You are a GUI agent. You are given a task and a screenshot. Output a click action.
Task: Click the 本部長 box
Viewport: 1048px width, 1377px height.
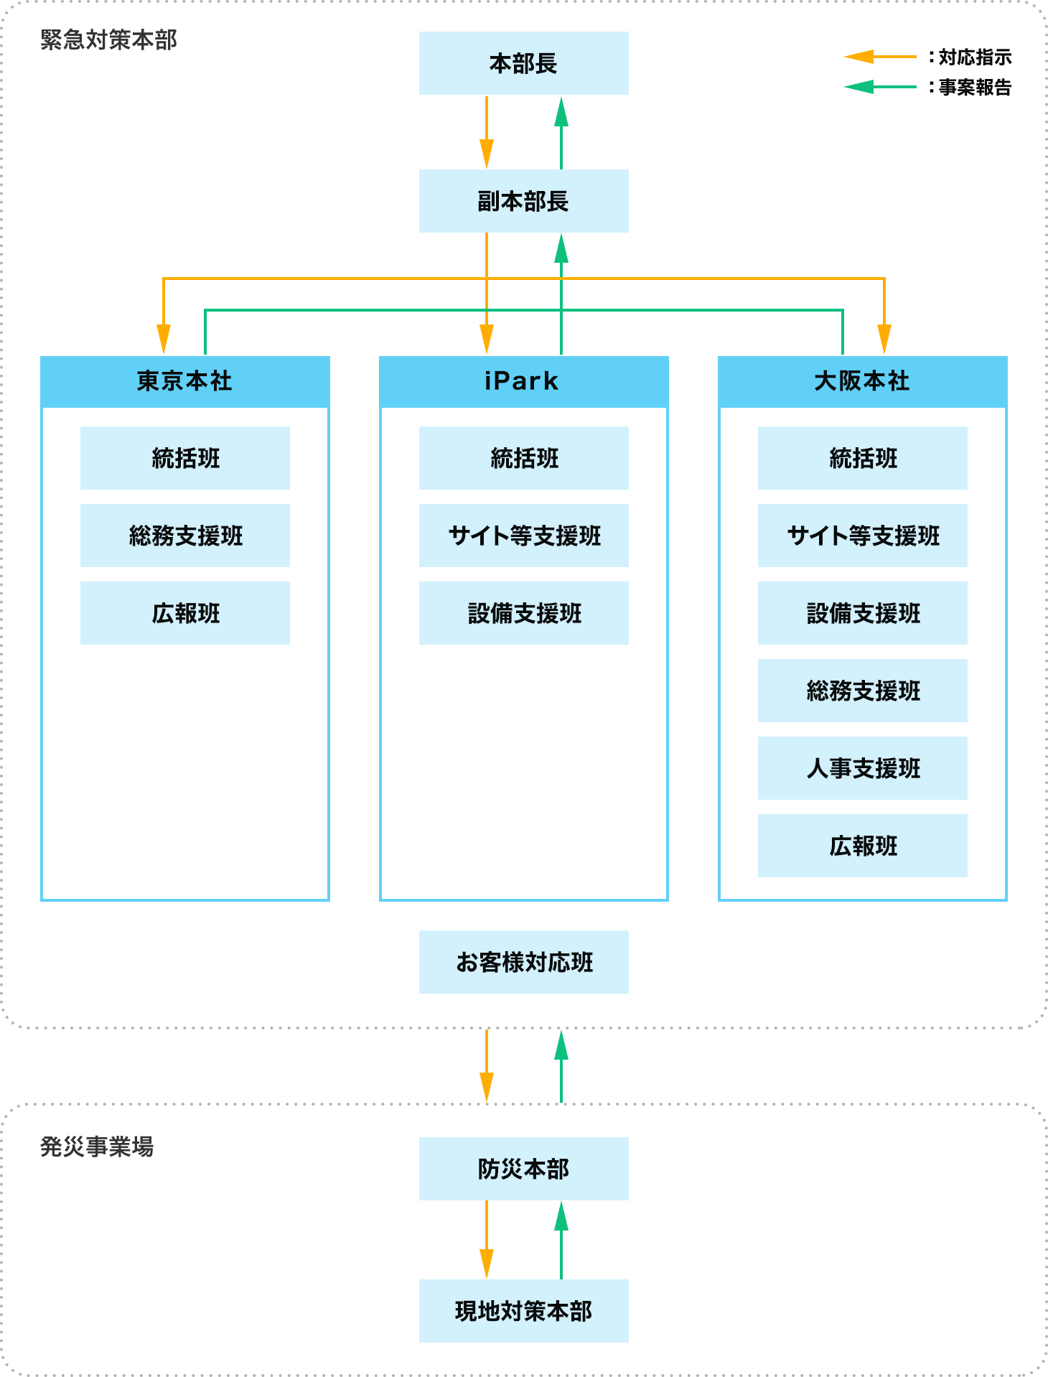click(x=523, y=63)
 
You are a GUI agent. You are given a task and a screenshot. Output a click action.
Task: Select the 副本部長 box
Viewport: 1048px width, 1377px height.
click(x=523, y=201)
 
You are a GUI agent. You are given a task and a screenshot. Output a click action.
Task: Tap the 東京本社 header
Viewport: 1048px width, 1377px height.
click(x=184, y=381)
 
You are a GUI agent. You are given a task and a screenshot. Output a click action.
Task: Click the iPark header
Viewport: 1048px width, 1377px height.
click(x=523, y=381)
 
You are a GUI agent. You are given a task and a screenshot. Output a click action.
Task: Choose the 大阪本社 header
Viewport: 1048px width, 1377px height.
click(x=862, y=381)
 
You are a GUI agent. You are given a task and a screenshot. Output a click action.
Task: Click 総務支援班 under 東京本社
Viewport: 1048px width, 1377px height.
click(x=184, y=536)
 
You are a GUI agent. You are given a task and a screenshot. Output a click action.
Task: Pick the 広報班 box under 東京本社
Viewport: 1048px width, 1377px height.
click(x=184, y=613)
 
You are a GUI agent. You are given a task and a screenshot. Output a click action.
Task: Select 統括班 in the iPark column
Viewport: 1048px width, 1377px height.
click(x=523, y=458)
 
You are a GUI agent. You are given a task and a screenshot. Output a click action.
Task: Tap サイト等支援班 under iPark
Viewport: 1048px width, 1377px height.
click(x=523, y=536)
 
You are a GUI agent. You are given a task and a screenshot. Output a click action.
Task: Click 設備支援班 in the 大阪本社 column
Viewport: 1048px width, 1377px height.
click(x=862, y=613)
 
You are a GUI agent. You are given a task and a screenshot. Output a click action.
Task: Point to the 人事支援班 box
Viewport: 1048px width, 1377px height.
click(x=862, y=768)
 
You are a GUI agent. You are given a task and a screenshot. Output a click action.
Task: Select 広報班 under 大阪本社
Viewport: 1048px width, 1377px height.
click(x=862, y=846)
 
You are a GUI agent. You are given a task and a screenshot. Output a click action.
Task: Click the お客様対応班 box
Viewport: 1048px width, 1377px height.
click(x=523, y=962)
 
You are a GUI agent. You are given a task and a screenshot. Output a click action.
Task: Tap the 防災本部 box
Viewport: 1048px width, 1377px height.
click(x=523, y=1169)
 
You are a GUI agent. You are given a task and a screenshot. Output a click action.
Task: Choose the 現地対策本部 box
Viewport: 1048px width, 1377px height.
click(x=523, y=1311)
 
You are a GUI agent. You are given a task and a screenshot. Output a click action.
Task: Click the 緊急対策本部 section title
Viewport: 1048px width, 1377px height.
click(x=108, y=40)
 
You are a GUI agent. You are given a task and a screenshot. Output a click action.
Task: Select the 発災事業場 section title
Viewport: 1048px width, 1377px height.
click(x=97, y=1147)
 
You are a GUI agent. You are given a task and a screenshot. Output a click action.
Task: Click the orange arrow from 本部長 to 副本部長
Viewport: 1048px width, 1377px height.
click(x=487, y=133)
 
